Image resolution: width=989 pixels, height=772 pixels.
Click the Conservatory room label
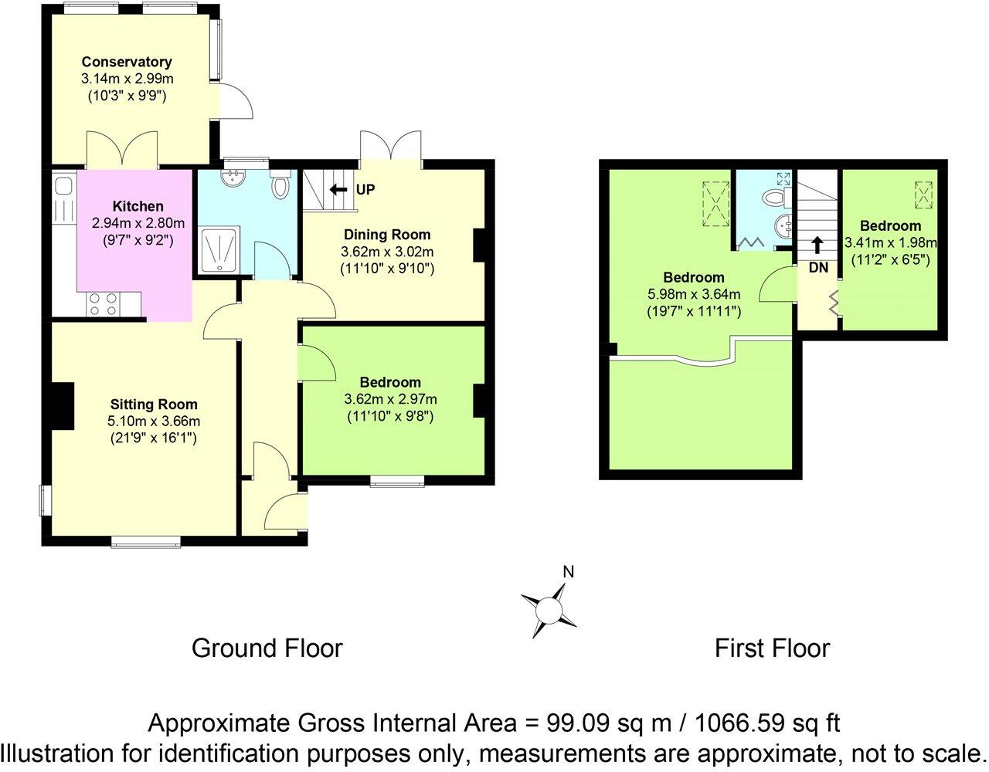click(x=127, y=62)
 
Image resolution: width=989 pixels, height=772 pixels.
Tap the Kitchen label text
click(x=138, y=206)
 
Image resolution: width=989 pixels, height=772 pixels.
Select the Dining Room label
click(x=387, y=235)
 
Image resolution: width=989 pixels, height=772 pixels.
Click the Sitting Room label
click(x=154, y=404)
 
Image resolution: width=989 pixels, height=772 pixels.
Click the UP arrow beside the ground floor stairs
click(x=338, y=190)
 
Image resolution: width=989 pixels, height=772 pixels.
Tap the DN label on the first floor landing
click(x=818, y=268)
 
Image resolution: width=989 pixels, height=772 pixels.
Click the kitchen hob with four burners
click(x=104, y=303)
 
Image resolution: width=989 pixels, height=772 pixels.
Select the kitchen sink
click(x=63, y=186)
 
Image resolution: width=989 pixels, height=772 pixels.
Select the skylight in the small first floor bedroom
click(x=923, y=195)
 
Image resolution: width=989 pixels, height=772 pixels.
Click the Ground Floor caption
click(x=267, y=648)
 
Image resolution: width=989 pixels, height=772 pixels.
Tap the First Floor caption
click(x=772, y=648)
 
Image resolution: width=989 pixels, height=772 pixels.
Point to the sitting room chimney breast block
click(x=60, y=406)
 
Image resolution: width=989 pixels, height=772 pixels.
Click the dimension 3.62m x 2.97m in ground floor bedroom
click(x=390, y=399)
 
